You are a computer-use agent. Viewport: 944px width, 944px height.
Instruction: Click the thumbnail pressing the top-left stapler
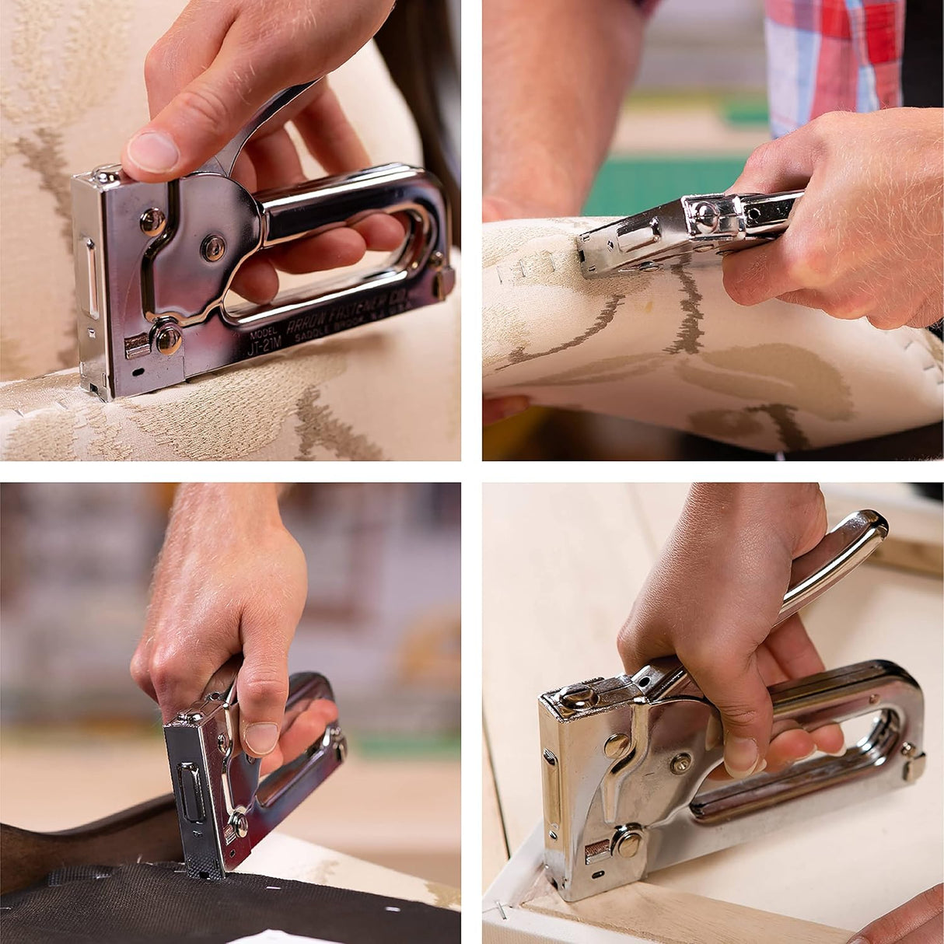tap(152, 151)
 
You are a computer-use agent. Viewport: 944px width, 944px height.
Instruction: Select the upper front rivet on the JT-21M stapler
tap(153, 222)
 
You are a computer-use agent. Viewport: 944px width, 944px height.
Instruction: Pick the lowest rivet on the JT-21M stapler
tap(167, 337)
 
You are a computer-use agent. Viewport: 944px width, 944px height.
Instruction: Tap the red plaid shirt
tap(832, 54)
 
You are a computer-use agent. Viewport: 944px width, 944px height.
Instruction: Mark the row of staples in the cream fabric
tap(537, 257)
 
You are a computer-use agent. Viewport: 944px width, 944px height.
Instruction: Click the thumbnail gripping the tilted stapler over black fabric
tap(261, 737)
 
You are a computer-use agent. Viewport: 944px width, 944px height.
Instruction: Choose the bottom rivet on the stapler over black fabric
tap(239, 824)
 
